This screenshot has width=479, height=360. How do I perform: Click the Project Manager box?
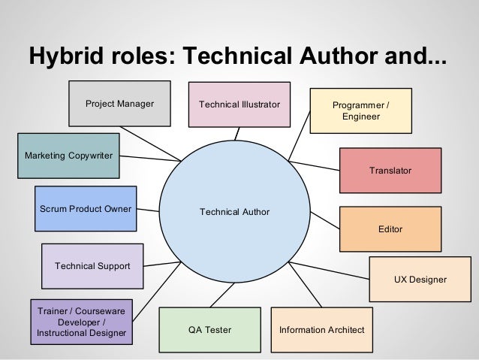(119, 104)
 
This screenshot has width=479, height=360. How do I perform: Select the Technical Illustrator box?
(239, 104)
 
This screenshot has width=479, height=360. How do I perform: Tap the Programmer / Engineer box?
(360, 110)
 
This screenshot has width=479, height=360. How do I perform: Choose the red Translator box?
(390, 171)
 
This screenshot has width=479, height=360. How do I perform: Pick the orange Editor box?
(390, 228)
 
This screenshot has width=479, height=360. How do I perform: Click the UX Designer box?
(420, 280)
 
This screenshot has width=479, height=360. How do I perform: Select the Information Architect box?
(321, 330)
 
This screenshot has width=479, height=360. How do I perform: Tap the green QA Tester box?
(209, 330)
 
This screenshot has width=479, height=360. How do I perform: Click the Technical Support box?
(92, 266)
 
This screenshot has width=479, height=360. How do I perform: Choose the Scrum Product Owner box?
(86, 209)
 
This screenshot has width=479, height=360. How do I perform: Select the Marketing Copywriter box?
(68, 156)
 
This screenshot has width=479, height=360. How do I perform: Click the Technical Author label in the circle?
(234, 213)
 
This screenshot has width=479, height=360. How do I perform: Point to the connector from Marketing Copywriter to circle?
(150, 158)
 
